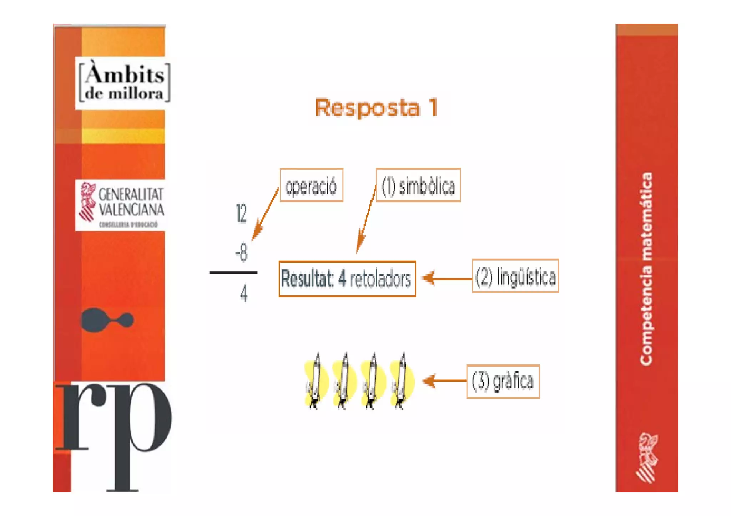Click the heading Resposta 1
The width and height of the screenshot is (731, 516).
(x=376, y=107)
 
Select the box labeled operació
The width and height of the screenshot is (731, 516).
(x=311, y=185)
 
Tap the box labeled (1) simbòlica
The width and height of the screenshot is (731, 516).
(x=418, y=185)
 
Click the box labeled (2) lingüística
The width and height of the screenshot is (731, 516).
(x=515, y=276)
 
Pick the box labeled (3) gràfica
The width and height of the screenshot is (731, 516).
(x=503, y=382)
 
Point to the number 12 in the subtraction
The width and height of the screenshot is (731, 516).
(x=242, y=214)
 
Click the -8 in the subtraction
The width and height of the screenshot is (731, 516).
(x=242, y=252)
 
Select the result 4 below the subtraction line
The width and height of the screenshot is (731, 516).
(x=243, y=294)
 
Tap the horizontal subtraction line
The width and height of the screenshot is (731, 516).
(x=233, y=272)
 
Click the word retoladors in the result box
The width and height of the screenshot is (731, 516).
(x=380, y=279)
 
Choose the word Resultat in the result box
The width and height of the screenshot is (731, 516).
(x=307, y=279)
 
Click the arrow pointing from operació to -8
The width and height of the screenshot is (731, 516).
(x=265, y=214)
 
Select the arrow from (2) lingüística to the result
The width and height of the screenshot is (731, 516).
(x=446, y=278)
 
